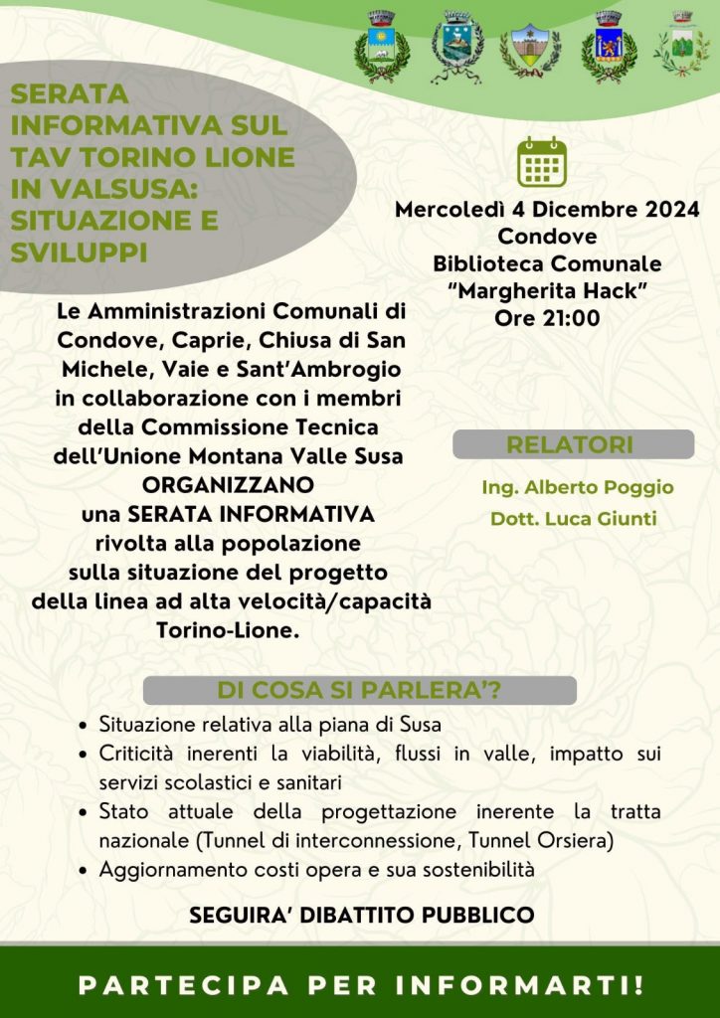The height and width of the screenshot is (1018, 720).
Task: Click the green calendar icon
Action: click(542, 162)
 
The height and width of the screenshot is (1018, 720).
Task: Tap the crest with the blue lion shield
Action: click(609, 48)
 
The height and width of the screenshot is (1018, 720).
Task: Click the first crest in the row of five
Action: click(382, 48)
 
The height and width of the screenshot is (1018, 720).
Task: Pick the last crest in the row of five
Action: click(681, 46)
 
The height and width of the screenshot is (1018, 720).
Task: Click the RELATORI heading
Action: click(570, 444)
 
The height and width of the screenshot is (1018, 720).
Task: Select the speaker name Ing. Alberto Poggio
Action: click(577, 487)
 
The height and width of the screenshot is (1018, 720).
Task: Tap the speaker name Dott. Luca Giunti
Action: click(573, 519)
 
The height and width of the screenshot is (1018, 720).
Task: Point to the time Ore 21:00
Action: click(547, 318)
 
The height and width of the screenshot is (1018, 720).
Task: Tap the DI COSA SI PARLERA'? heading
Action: click(359, 691)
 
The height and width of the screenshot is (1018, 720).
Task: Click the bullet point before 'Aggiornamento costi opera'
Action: click(86, 870)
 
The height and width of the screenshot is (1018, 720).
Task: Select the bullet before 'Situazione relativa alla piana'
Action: click(86, 725)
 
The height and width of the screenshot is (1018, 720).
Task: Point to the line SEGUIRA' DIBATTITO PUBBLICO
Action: click(362, 915)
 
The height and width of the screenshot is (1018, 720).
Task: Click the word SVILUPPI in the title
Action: click(79, 252)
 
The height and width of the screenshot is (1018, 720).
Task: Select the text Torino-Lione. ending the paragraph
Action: click(228, 630)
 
